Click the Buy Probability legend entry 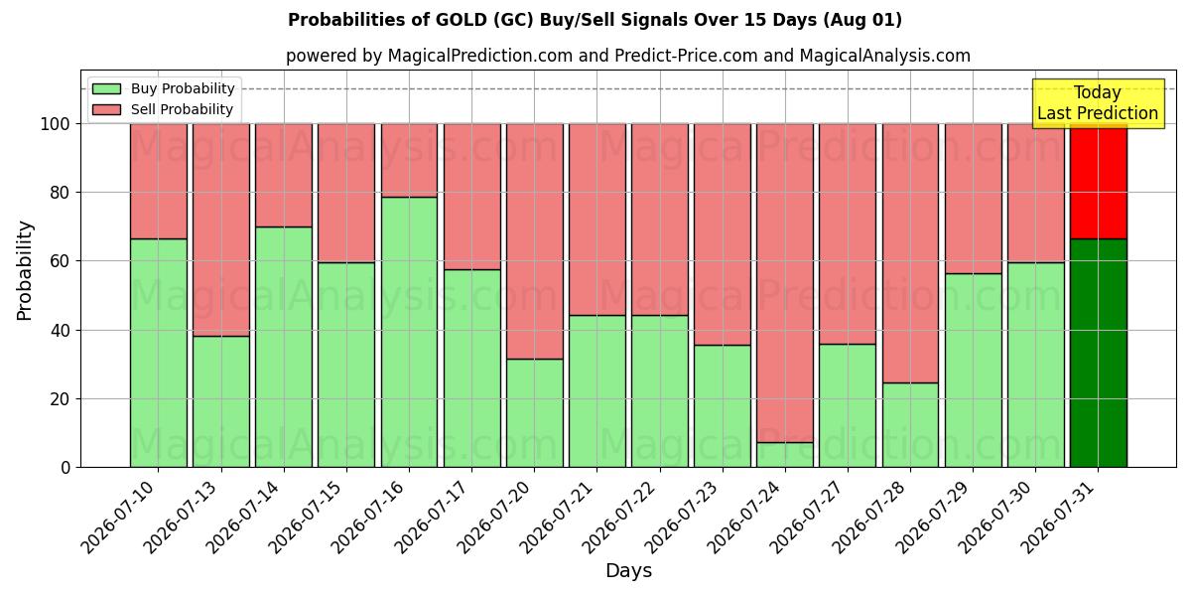pos(163,88)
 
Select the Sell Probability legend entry pos(163,109)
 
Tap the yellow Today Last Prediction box pos(1098,103)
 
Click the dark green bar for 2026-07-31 pos(1099,353)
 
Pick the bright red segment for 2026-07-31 pos(1099,182)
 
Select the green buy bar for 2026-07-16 pos(409,332)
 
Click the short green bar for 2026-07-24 pos(785,455)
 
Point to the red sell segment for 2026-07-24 pos(785,283)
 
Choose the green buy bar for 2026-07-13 pos(221,401)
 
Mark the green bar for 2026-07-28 pos(910,425)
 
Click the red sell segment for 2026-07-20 pos(534,241)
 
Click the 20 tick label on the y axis pos(61,399)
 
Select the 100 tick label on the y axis pos(56,124)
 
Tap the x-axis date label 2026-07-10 pos(120,518)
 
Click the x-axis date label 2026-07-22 pos(621,518)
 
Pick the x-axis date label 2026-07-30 pos(996,518)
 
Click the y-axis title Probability pos(25,271)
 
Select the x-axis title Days pos(628,571)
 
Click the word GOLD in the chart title pos(461,20)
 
